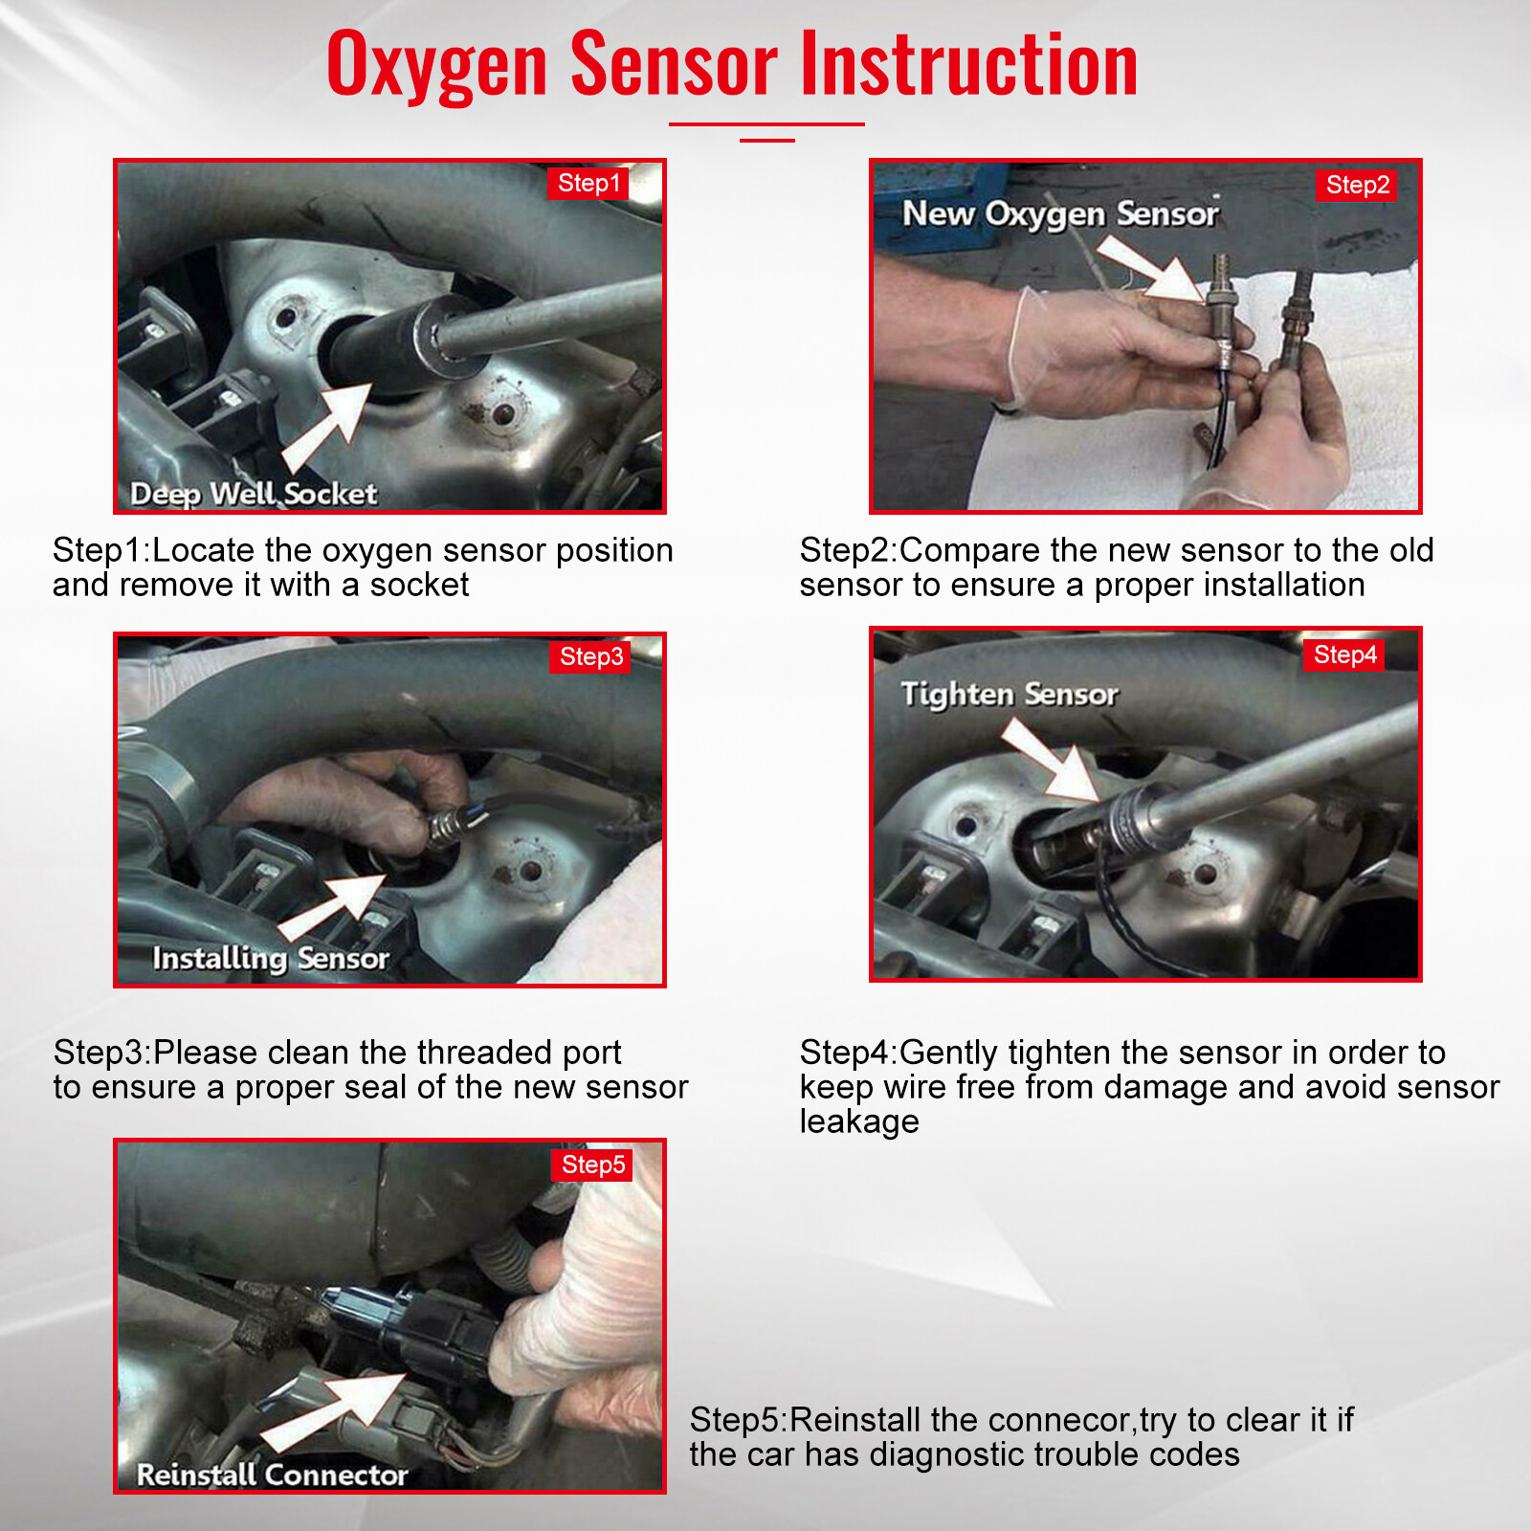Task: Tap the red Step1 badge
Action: click(588, 183)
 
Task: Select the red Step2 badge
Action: click(1357, 185)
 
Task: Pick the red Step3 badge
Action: click(590, 656)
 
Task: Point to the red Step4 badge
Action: click(1343, 655)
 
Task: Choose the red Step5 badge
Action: click(592, 1165)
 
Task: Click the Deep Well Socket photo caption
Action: click(254, 494)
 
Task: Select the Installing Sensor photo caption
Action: click(271, 958)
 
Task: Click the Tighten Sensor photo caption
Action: click(1010, 694)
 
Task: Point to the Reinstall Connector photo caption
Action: click(272, 1475)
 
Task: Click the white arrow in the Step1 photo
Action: click(327, 427)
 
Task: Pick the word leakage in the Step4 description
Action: click(859, 1121)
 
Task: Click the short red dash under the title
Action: click(767, 141)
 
